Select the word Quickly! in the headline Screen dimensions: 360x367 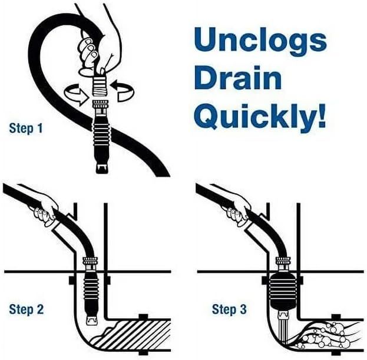point(260,117)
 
